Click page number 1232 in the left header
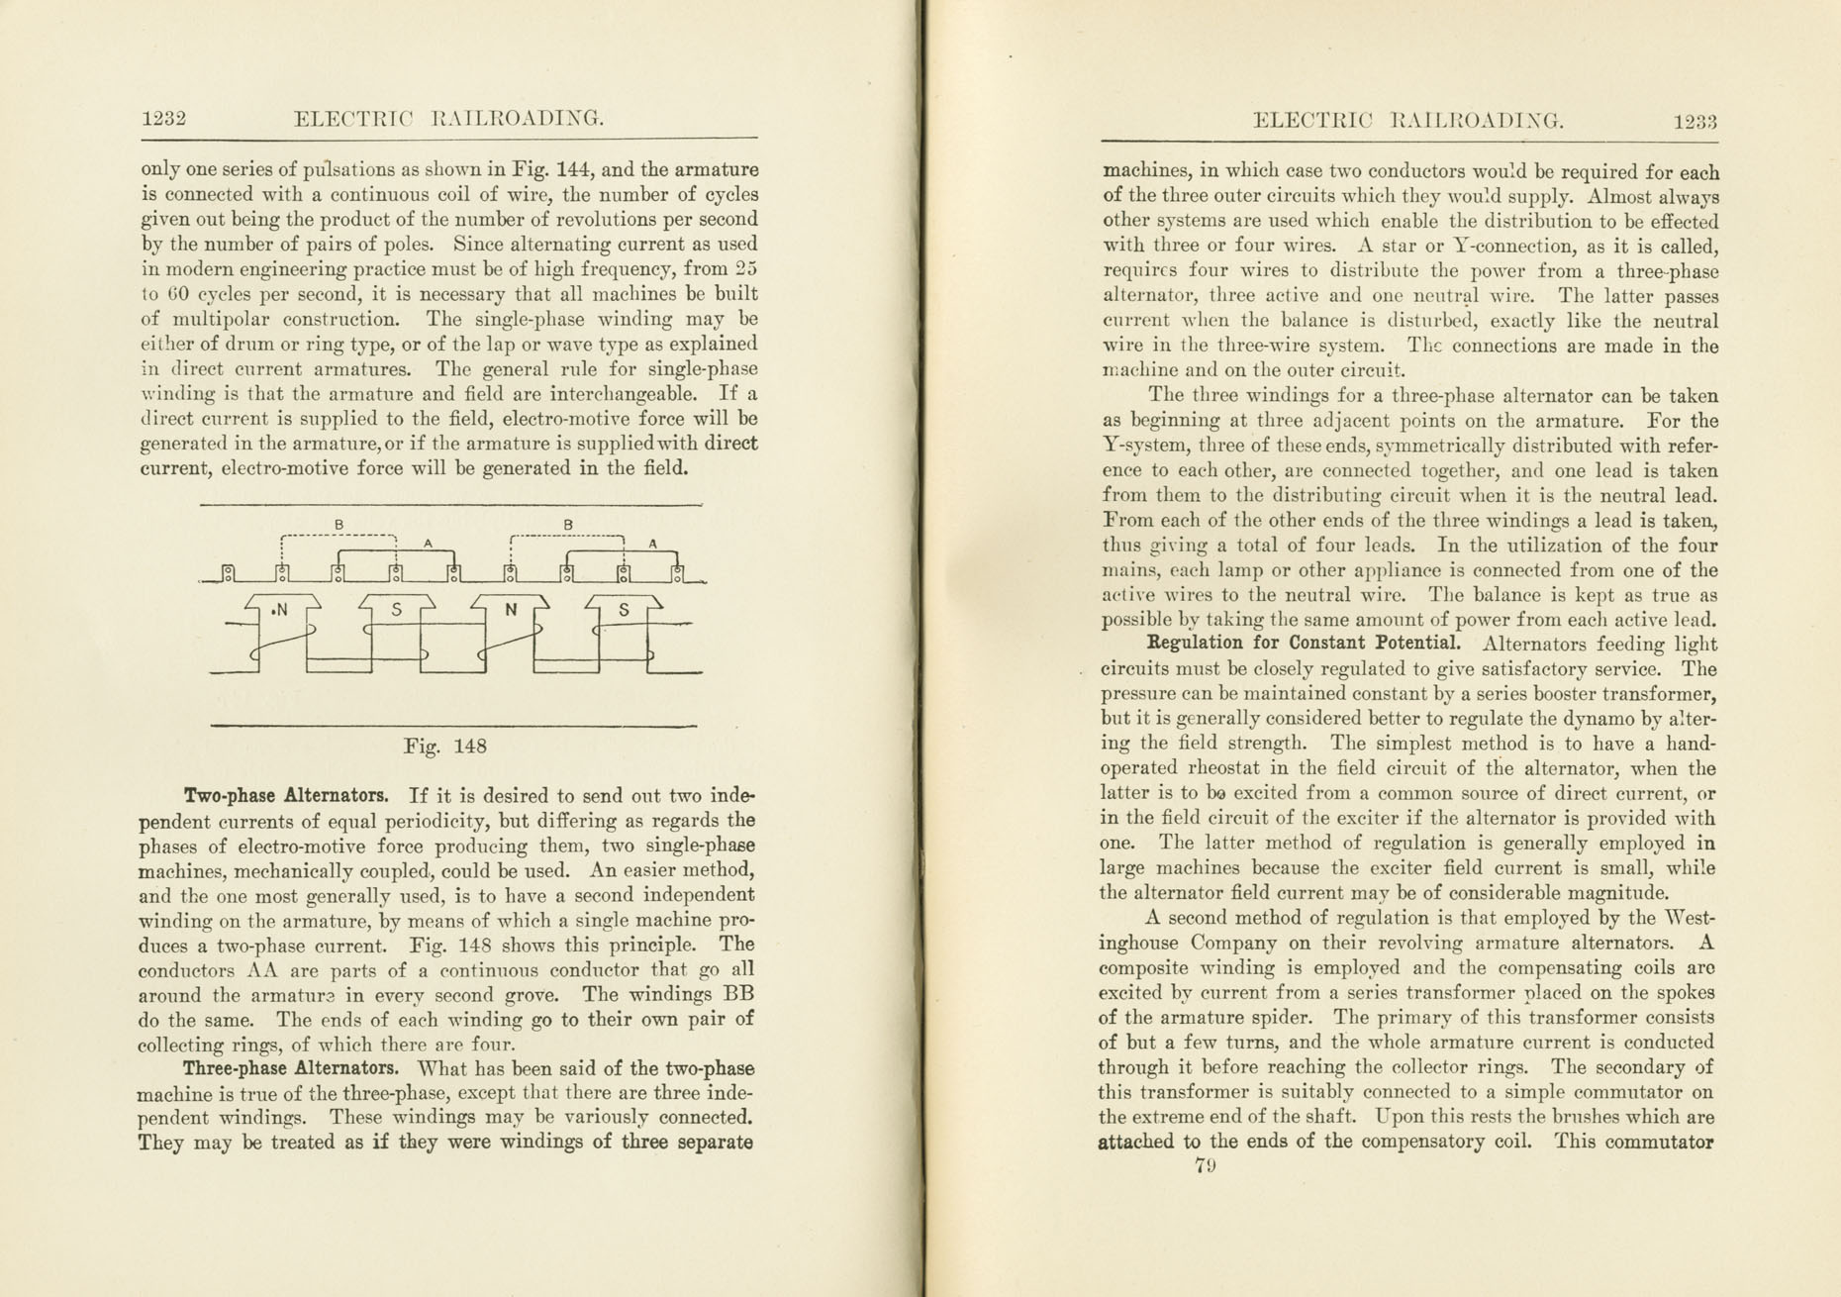[163, 119]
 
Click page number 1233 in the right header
[1695, 122]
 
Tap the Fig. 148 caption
[444, 747]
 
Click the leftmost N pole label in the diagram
[280, 610]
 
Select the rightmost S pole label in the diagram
[623, 610]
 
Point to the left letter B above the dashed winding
[339, 524]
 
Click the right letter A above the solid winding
[652, 544]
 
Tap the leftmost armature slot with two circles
[228, 572]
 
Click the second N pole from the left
[511, 610]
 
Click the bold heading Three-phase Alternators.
[290, 1069]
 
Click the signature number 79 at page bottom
[1205, 1166]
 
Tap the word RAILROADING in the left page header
[518, 119]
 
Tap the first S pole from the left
[396, 610]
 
